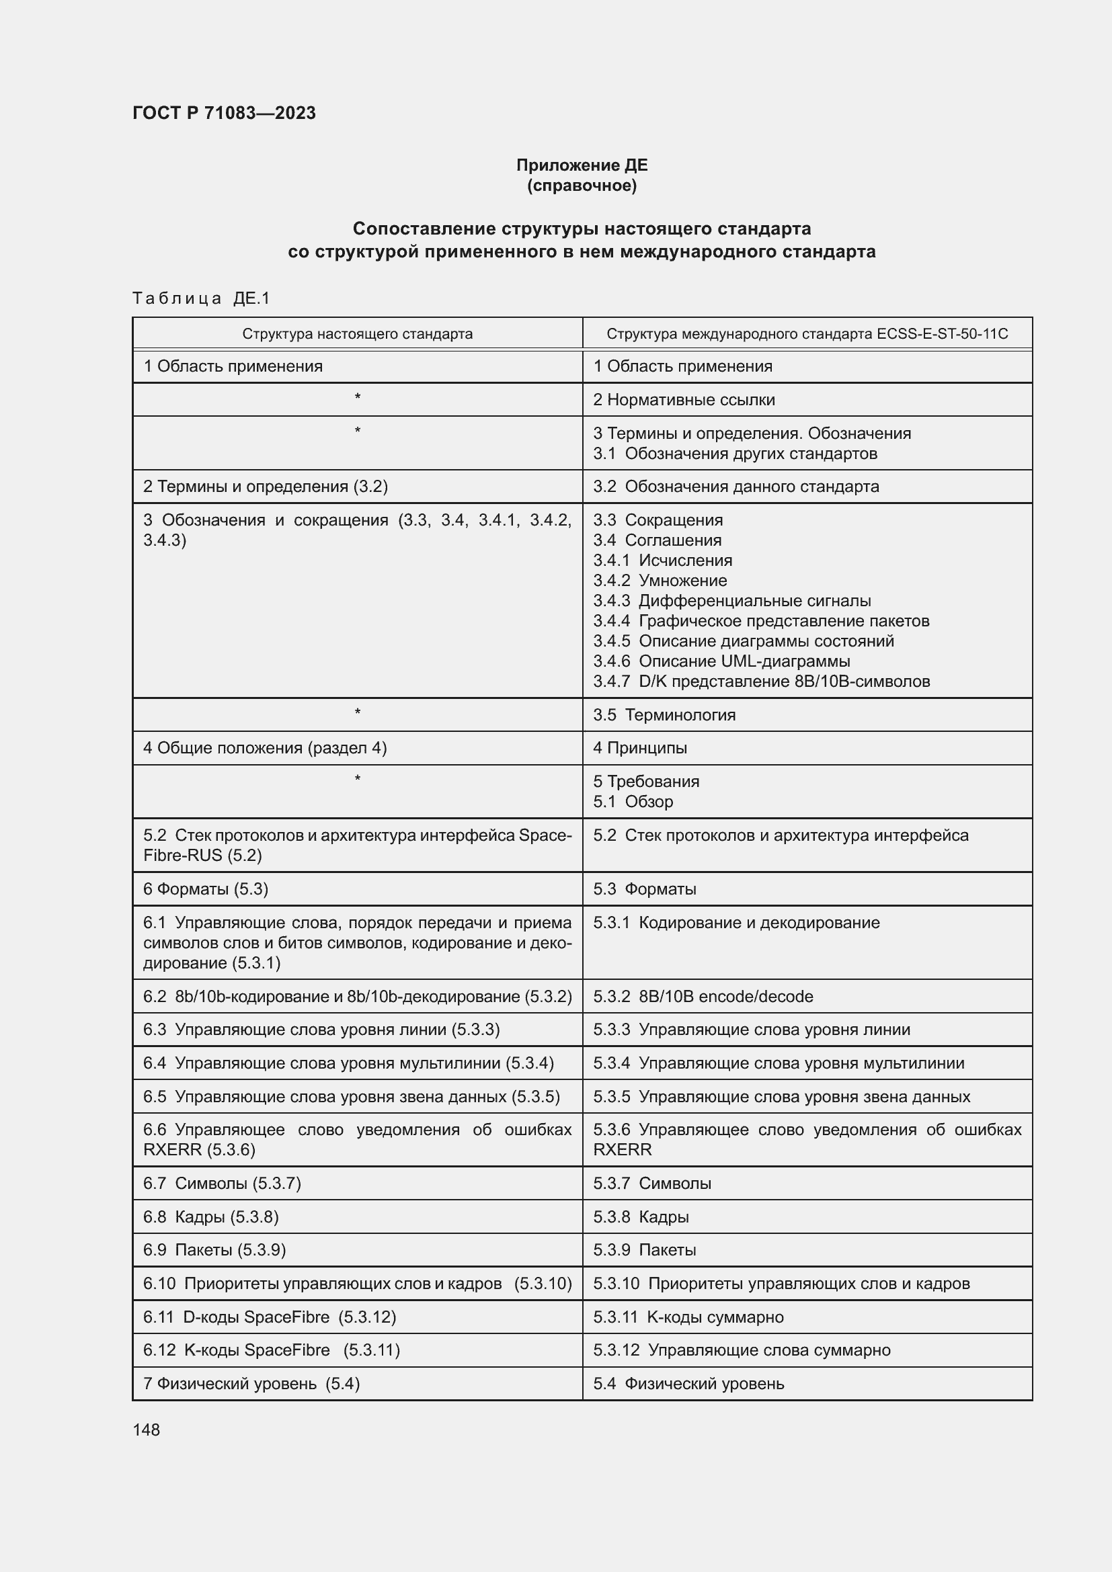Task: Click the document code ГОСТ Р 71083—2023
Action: click(224, 113)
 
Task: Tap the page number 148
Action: click(146, 1430)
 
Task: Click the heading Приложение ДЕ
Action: click(582, 165)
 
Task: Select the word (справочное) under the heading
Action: click(582, 185)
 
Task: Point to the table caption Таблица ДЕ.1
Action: click(201, 298)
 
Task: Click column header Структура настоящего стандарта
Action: click(357, 334)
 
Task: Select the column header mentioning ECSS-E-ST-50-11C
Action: click(807, 334)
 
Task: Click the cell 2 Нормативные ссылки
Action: click(683, 400)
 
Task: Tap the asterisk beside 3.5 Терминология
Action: click(358, 712)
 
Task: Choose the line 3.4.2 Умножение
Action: click(660, 581)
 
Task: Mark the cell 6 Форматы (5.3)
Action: click(206, 888)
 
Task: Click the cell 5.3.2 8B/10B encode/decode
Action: click(703, 996)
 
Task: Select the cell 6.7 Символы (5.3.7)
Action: click(222, 1183)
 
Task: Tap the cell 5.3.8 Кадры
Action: click(640, 1216)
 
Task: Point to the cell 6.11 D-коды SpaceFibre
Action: click(269, 1317)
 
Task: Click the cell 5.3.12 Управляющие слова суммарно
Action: click(741, 1350)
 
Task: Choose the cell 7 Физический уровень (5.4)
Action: click(251, 1384)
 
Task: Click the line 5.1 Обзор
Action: click(633, 802)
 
